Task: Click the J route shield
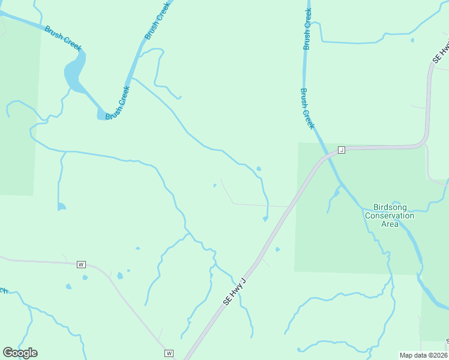point(341,149)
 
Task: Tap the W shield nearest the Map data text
point(169,353)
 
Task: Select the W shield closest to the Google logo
point(82,264)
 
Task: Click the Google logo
point(20,353)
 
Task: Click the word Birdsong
point(390,206)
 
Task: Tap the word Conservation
point(390,215)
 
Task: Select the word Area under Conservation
point(390,224)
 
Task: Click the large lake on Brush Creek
point(74,72)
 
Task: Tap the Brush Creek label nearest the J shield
point(307,109)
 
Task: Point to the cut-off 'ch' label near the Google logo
point(3,291)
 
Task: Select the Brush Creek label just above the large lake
point(63,38)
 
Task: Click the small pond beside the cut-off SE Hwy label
point(412,40)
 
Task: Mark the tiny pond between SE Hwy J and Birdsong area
point(277,249)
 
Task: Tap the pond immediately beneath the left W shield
point(85,277)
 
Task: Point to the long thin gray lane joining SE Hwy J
point(258,205)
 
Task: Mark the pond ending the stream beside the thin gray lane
point(265,219)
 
